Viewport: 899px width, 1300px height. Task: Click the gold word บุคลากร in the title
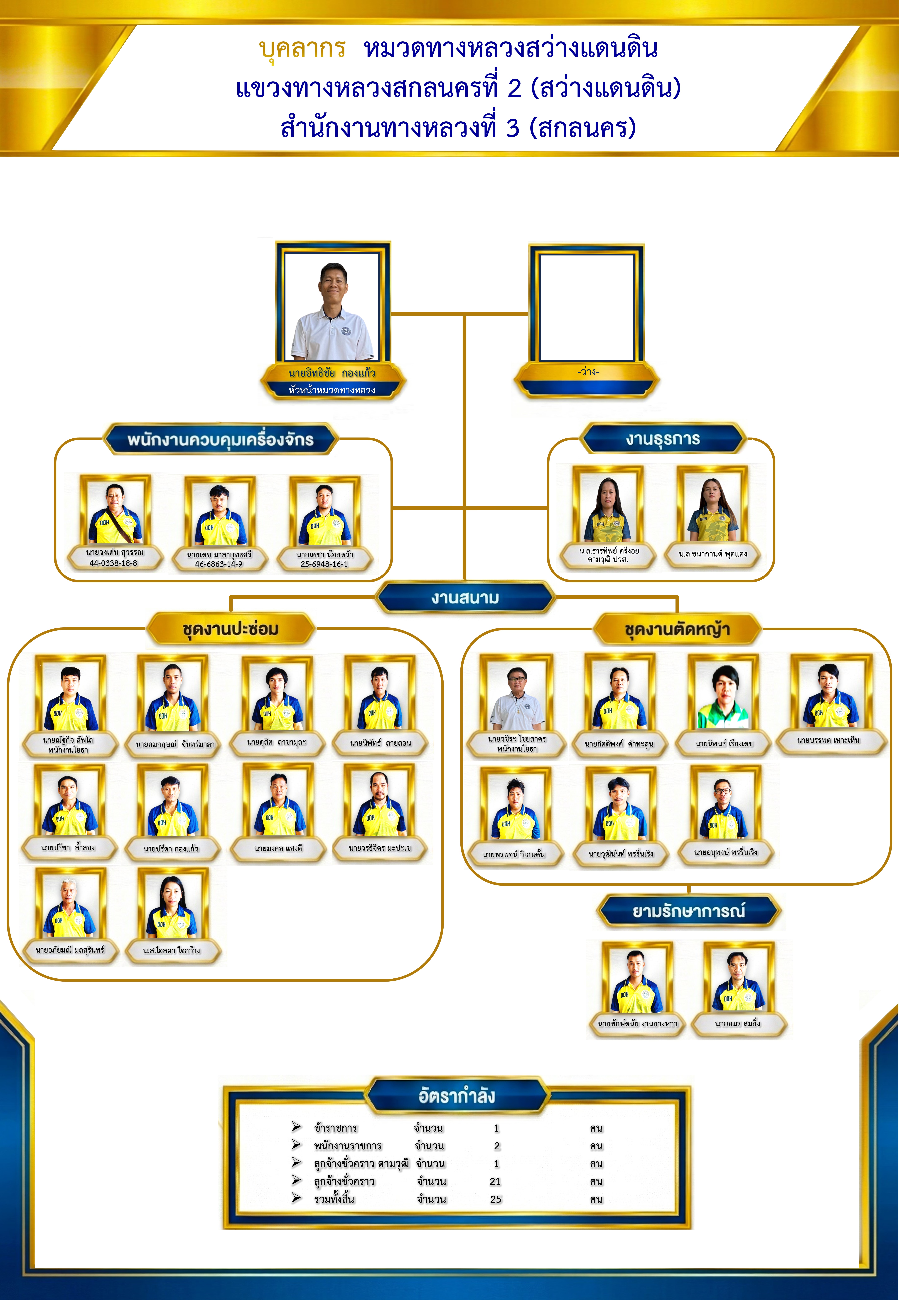click(302, 49)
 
